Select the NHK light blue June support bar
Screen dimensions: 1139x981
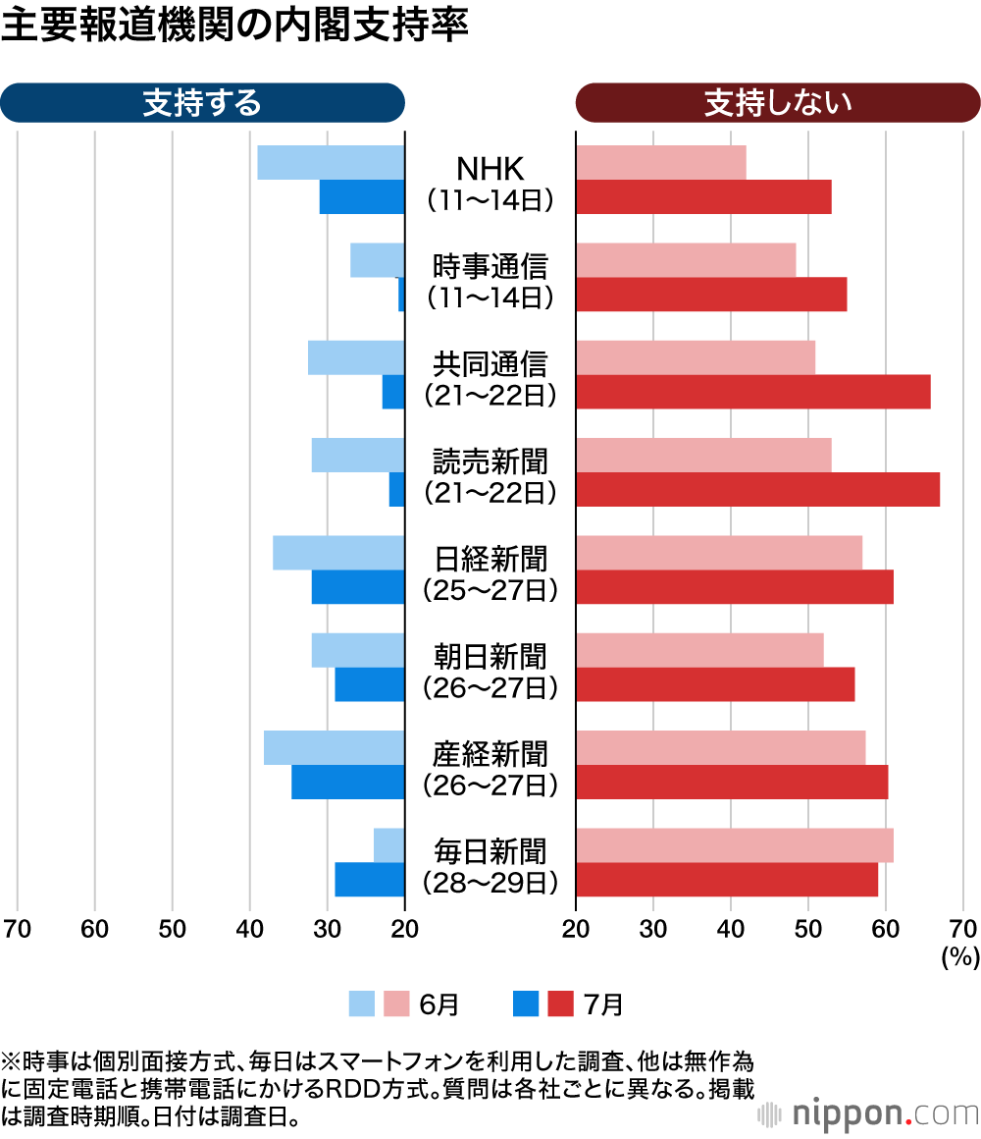331,162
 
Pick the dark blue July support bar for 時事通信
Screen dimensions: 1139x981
401,294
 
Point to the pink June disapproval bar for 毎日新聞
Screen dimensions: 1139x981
734,844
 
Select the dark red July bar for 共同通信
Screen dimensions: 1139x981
752,392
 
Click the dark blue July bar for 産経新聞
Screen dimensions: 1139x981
348,782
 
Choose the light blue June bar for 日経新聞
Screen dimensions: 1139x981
338,552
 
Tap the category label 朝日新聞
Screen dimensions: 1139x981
490,656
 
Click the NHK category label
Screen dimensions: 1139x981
490,169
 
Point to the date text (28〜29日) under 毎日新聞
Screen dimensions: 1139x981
490,883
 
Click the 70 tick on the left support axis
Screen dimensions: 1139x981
17,929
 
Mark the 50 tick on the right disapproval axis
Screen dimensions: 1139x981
808,929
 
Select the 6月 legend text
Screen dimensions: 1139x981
439,1004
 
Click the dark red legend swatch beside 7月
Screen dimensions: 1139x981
560,1003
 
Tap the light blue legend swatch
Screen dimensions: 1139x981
362,1003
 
